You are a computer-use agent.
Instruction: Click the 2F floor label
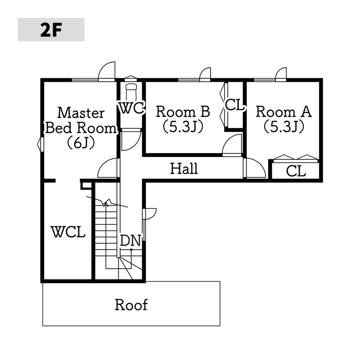(51, 30)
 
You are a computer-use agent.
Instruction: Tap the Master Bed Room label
(81, 120)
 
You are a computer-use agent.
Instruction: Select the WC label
(130, 108)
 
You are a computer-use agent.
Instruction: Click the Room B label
(183, 111)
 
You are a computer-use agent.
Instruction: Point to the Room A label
(283, 111)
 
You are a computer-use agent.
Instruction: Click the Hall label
(184, 169)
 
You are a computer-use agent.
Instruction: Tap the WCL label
(68, 233)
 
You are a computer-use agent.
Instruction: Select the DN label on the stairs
(130, 241)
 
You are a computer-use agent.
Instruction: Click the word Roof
(131, 305)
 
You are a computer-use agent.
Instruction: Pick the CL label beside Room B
(234, 106)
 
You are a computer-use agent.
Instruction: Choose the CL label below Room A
(296, 171)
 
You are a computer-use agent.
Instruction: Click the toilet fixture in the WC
(131, 92)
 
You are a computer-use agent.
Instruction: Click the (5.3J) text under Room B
(183, 127)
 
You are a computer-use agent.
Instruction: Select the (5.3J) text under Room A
(283, 127)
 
